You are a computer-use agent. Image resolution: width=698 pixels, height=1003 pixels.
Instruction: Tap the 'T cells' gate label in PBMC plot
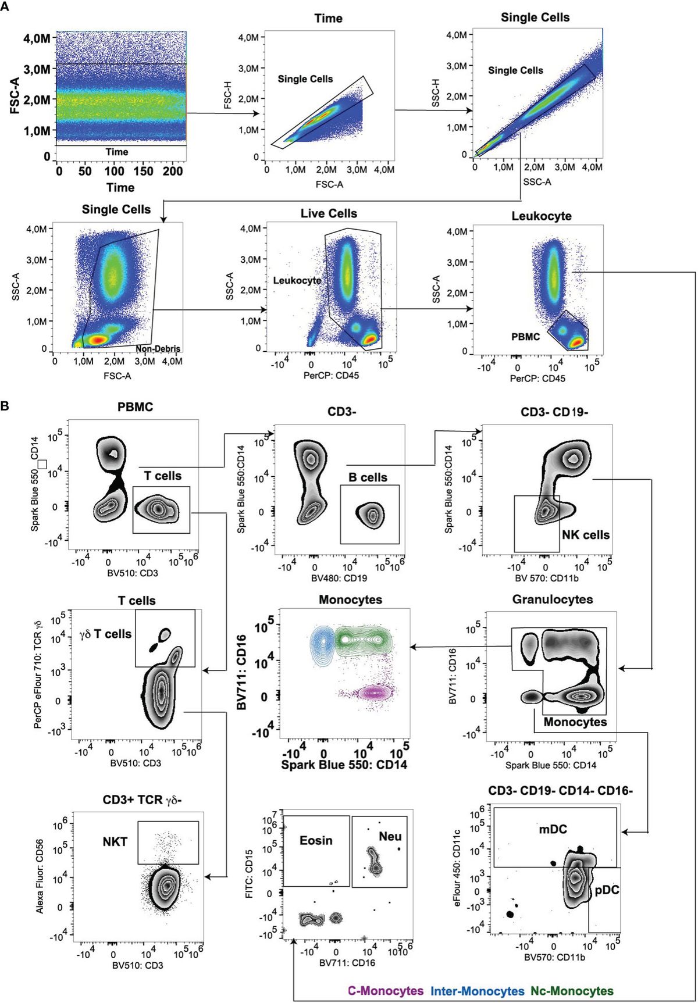coord(163,476)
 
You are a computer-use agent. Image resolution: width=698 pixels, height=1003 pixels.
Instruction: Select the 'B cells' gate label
coord(368,477)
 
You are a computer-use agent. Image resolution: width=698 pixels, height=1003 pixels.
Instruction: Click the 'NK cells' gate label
coord(586,535)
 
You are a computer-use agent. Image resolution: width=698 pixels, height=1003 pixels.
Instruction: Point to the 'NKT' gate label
coord(115,841)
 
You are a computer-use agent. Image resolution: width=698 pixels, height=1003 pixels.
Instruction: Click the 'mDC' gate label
coord(552,829)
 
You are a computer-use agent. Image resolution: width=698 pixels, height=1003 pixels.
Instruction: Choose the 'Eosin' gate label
coord(316,840)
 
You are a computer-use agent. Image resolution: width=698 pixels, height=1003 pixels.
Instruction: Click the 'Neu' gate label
coord(390,837)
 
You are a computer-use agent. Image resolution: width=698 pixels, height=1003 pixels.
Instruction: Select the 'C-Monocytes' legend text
coord(386,991)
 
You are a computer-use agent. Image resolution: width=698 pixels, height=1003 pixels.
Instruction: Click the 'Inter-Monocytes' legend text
coord(477,991)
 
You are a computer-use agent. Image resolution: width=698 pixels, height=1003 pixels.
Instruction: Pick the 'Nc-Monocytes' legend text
coord(571,991)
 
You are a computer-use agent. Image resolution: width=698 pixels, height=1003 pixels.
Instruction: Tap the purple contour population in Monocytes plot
coord(373,693)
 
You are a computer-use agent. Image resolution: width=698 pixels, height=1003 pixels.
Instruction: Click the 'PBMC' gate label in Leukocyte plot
coord(525,337)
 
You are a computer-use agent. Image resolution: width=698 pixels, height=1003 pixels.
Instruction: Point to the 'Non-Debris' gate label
coord(158,349)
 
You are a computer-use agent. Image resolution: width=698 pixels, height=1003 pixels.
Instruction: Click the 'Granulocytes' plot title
coord(553,599)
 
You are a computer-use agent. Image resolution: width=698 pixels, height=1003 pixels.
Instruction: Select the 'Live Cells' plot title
coord(329,213)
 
